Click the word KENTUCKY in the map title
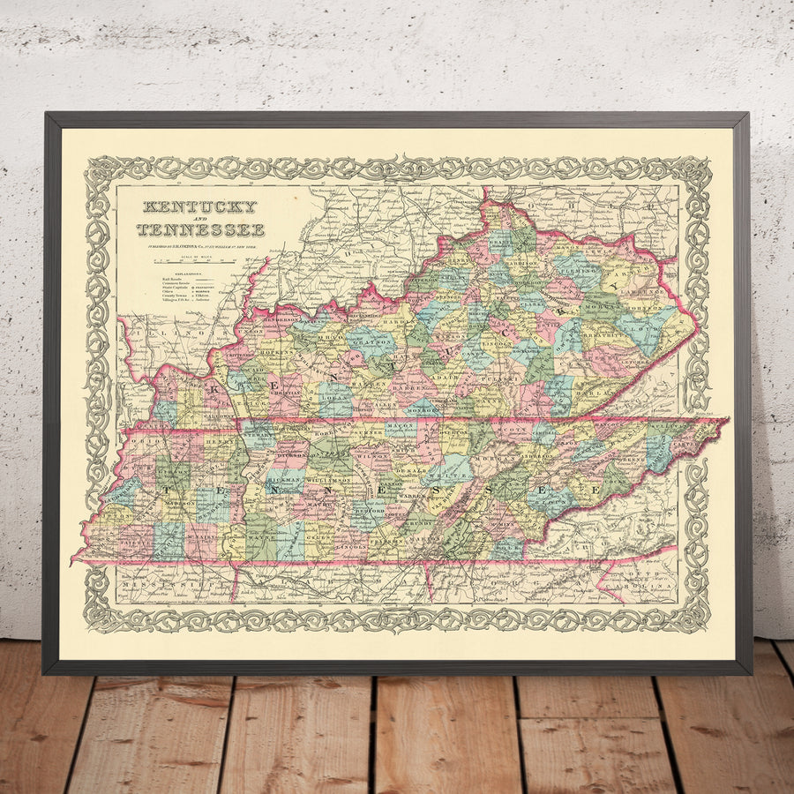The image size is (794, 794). point(199,208)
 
